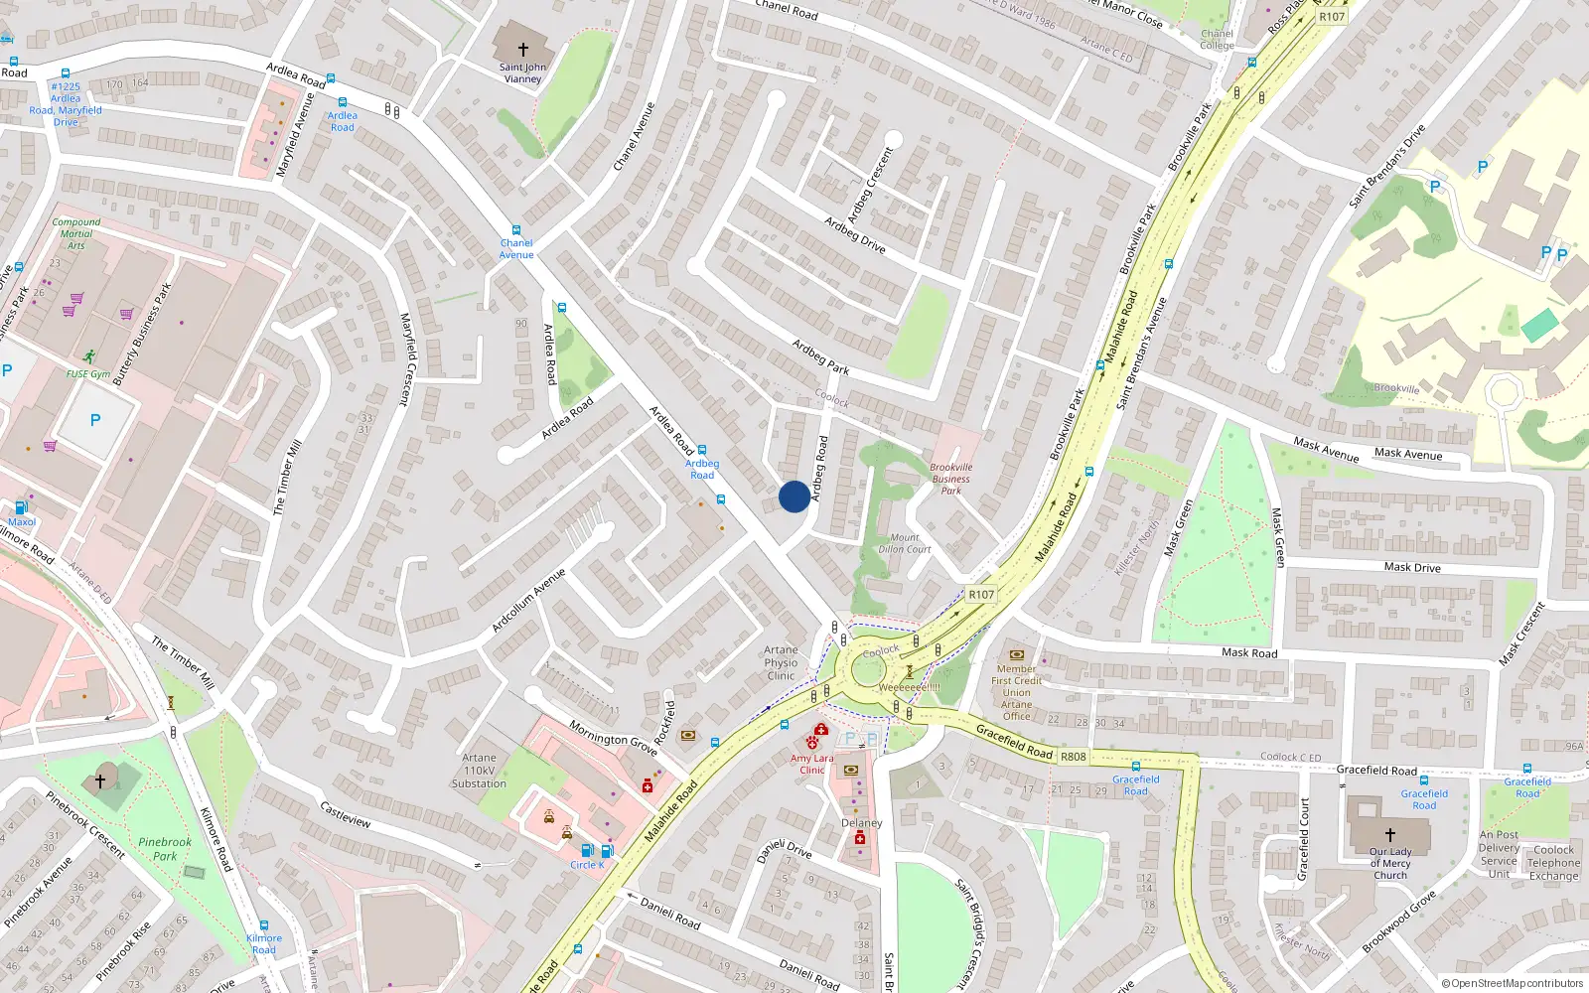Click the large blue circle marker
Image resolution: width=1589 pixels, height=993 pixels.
794,496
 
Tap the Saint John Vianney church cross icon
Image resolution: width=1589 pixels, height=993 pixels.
522,49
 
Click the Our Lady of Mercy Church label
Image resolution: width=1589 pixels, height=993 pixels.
1390,863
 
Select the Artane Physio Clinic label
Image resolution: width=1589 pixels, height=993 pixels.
781,662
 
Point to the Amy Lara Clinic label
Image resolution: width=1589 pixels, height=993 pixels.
811,764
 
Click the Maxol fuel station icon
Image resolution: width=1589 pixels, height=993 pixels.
21,507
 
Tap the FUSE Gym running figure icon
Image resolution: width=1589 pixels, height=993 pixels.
89,356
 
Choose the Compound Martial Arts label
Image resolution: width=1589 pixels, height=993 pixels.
76,233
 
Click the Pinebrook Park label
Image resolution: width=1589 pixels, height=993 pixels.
165,849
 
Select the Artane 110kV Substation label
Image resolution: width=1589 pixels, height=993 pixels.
479,771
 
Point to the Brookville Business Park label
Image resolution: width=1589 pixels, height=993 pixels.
950,479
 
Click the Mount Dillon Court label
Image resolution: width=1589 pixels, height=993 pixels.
904,543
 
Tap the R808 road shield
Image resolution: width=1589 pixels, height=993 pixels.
1073,757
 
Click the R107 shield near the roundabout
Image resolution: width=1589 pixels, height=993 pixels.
980,594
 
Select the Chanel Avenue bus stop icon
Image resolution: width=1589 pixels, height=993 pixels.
515,229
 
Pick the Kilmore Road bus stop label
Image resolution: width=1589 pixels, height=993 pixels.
264,943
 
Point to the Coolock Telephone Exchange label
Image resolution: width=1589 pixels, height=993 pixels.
1553,862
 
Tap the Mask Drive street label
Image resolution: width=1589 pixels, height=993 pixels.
1412,567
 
